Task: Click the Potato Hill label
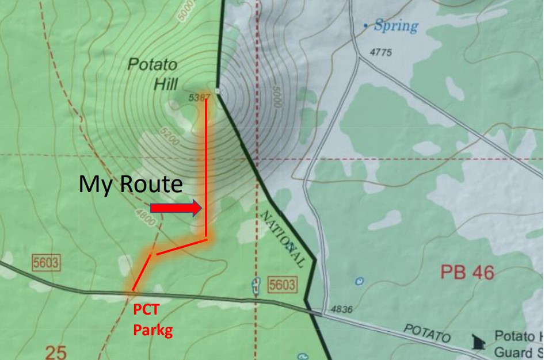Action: pyautogui.click(x=152, y=74)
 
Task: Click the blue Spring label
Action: pyautogui.click(x=395, y=26)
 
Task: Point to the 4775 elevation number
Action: pyautogui.click(x=380, y=52)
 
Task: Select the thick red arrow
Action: pyautogui.click(x=176, y=208)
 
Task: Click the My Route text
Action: pyautogui.click(x=130, y=185)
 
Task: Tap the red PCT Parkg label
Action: pyautogui.click(x=153, y=320)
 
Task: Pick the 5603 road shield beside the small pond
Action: pyautogui.click(x=281, y=284)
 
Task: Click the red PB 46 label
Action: pyautogui.click(x=467, y=272)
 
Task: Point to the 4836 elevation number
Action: pyautogui.click(x=341, y=310)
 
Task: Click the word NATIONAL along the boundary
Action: pyautogui.click(x=283, y=239)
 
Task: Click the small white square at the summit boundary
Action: pyautogui.click(x=217, y=91)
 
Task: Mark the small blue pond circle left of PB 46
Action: pyautogui.click(x=360, y=281)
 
